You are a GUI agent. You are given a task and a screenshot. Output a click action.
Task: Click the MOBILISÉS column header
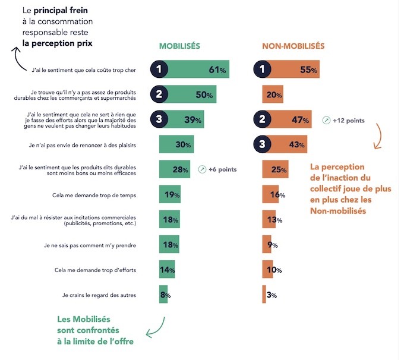(x=179, y=46)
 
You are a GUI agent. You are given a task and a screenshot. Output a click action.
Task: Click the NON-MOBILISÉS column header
(x=293, y=46)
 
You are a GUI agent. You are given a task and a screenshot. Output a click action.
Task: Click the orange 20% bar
(x=273, y=94)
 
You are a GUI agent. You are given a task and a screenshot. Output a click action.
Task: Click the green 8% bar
(x=163, y=295)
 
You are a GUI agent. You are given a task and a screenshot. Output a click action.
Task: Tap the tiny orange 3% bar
(x=264, y=295)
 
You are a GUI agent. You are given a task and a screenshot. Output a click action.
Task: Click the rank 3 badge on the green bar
(x=159, y=119)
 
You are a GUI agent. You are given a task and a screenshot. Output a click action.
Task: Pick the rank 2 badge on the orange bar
(x=262, y=119)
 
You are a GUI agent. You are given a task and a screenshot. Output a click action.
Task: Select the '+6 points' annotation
(x=222, y=169)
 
